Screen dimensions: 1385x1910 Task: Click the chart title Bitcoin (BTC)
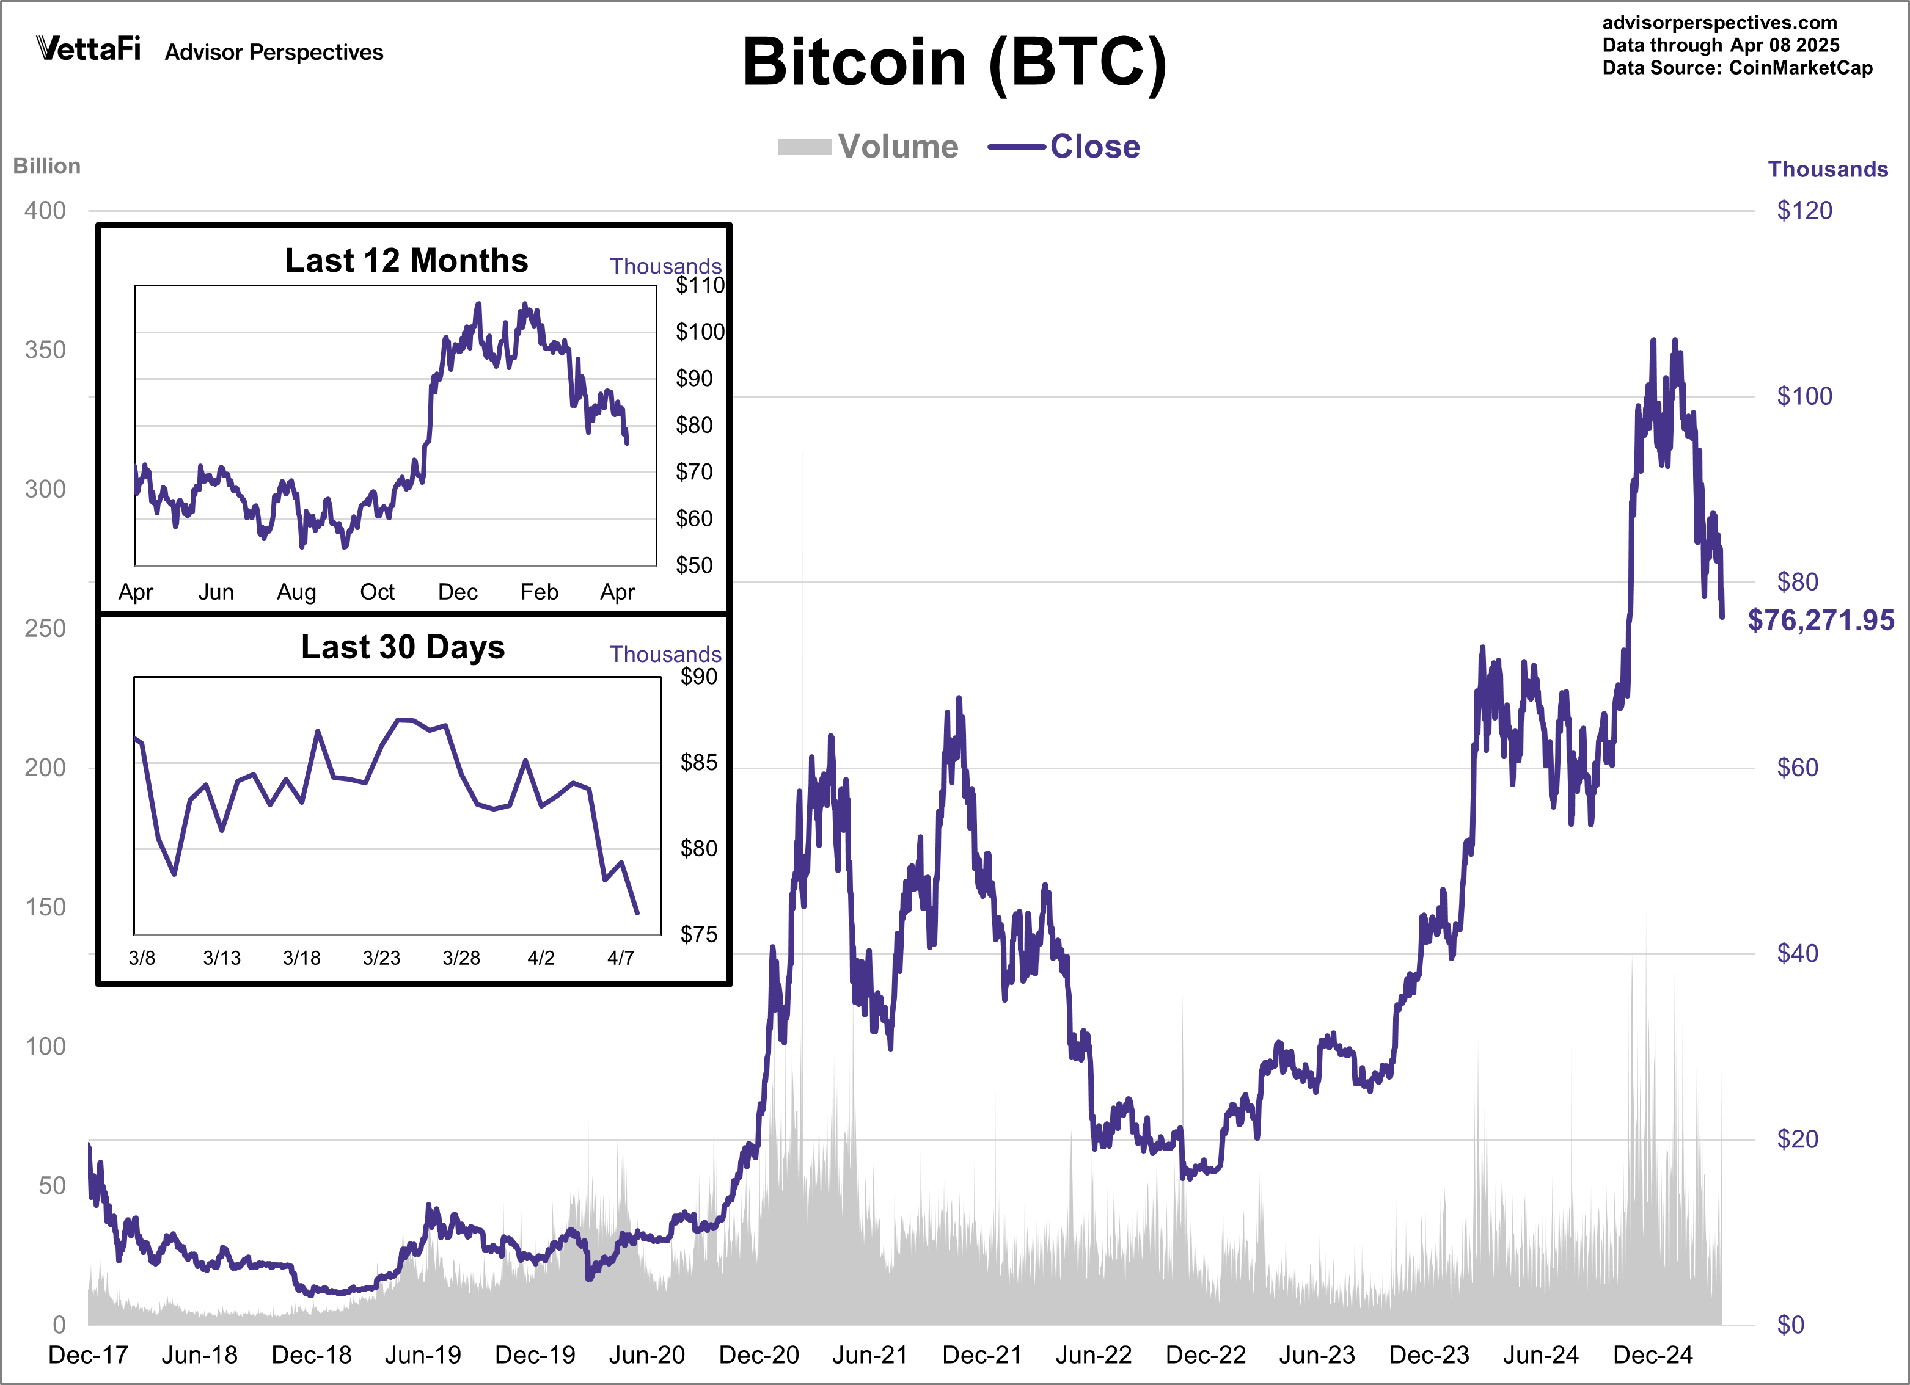954,63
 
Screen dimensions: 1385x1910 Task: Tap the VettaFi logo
89,49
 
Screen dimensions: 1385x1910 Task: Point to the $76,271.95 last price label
1821,620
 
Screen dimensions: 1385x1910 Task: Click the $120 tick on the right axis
1804,211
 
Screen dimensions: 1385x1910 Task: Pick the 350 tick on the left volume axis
45,351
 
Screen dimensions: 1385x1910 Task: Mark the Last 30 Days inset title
403,647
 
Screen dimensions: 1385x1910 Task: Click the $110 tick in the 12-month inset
700,285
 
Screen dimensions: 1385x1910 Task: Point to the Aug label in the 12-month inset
296,592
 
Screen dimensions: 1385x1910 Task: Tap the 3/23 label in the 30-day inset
381,958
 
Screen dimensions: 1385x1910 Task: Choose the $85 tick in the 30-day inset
699,763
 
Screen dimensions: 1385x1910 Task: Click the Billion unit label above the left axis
47,166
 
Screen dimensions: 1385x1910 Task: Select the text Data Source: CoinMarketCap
1736,68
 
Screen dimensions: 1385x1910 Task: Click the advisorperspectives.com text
1719,23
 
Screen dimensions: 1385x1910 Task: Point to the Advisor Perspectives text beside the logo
274,52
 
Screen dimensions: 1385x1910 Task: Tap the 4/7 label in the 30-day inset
621,958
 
